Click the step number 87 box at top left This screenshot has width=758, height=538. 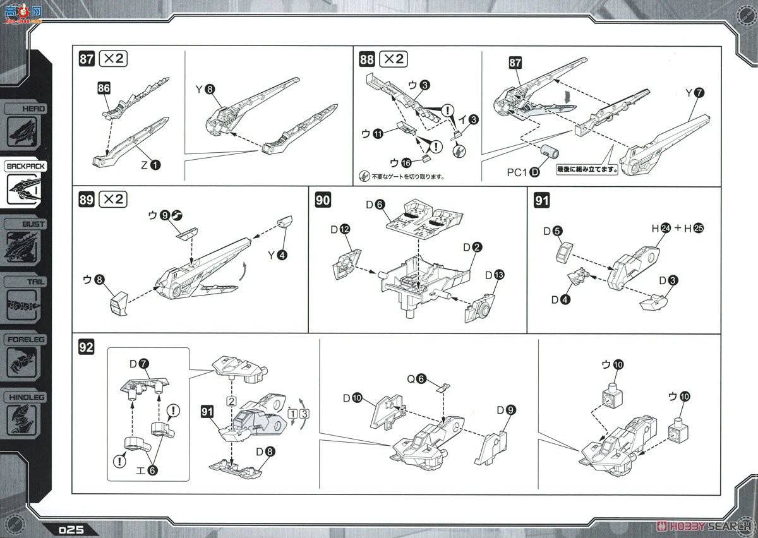(87, 59)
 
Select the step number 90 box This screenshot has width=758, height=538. (322, 200)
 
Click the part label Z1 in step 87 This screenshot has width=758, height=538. (150, 165)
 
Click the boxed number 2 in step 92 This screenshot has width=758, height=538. (232, 401)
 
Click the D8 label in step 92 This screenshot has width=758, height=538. (264, 452)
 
